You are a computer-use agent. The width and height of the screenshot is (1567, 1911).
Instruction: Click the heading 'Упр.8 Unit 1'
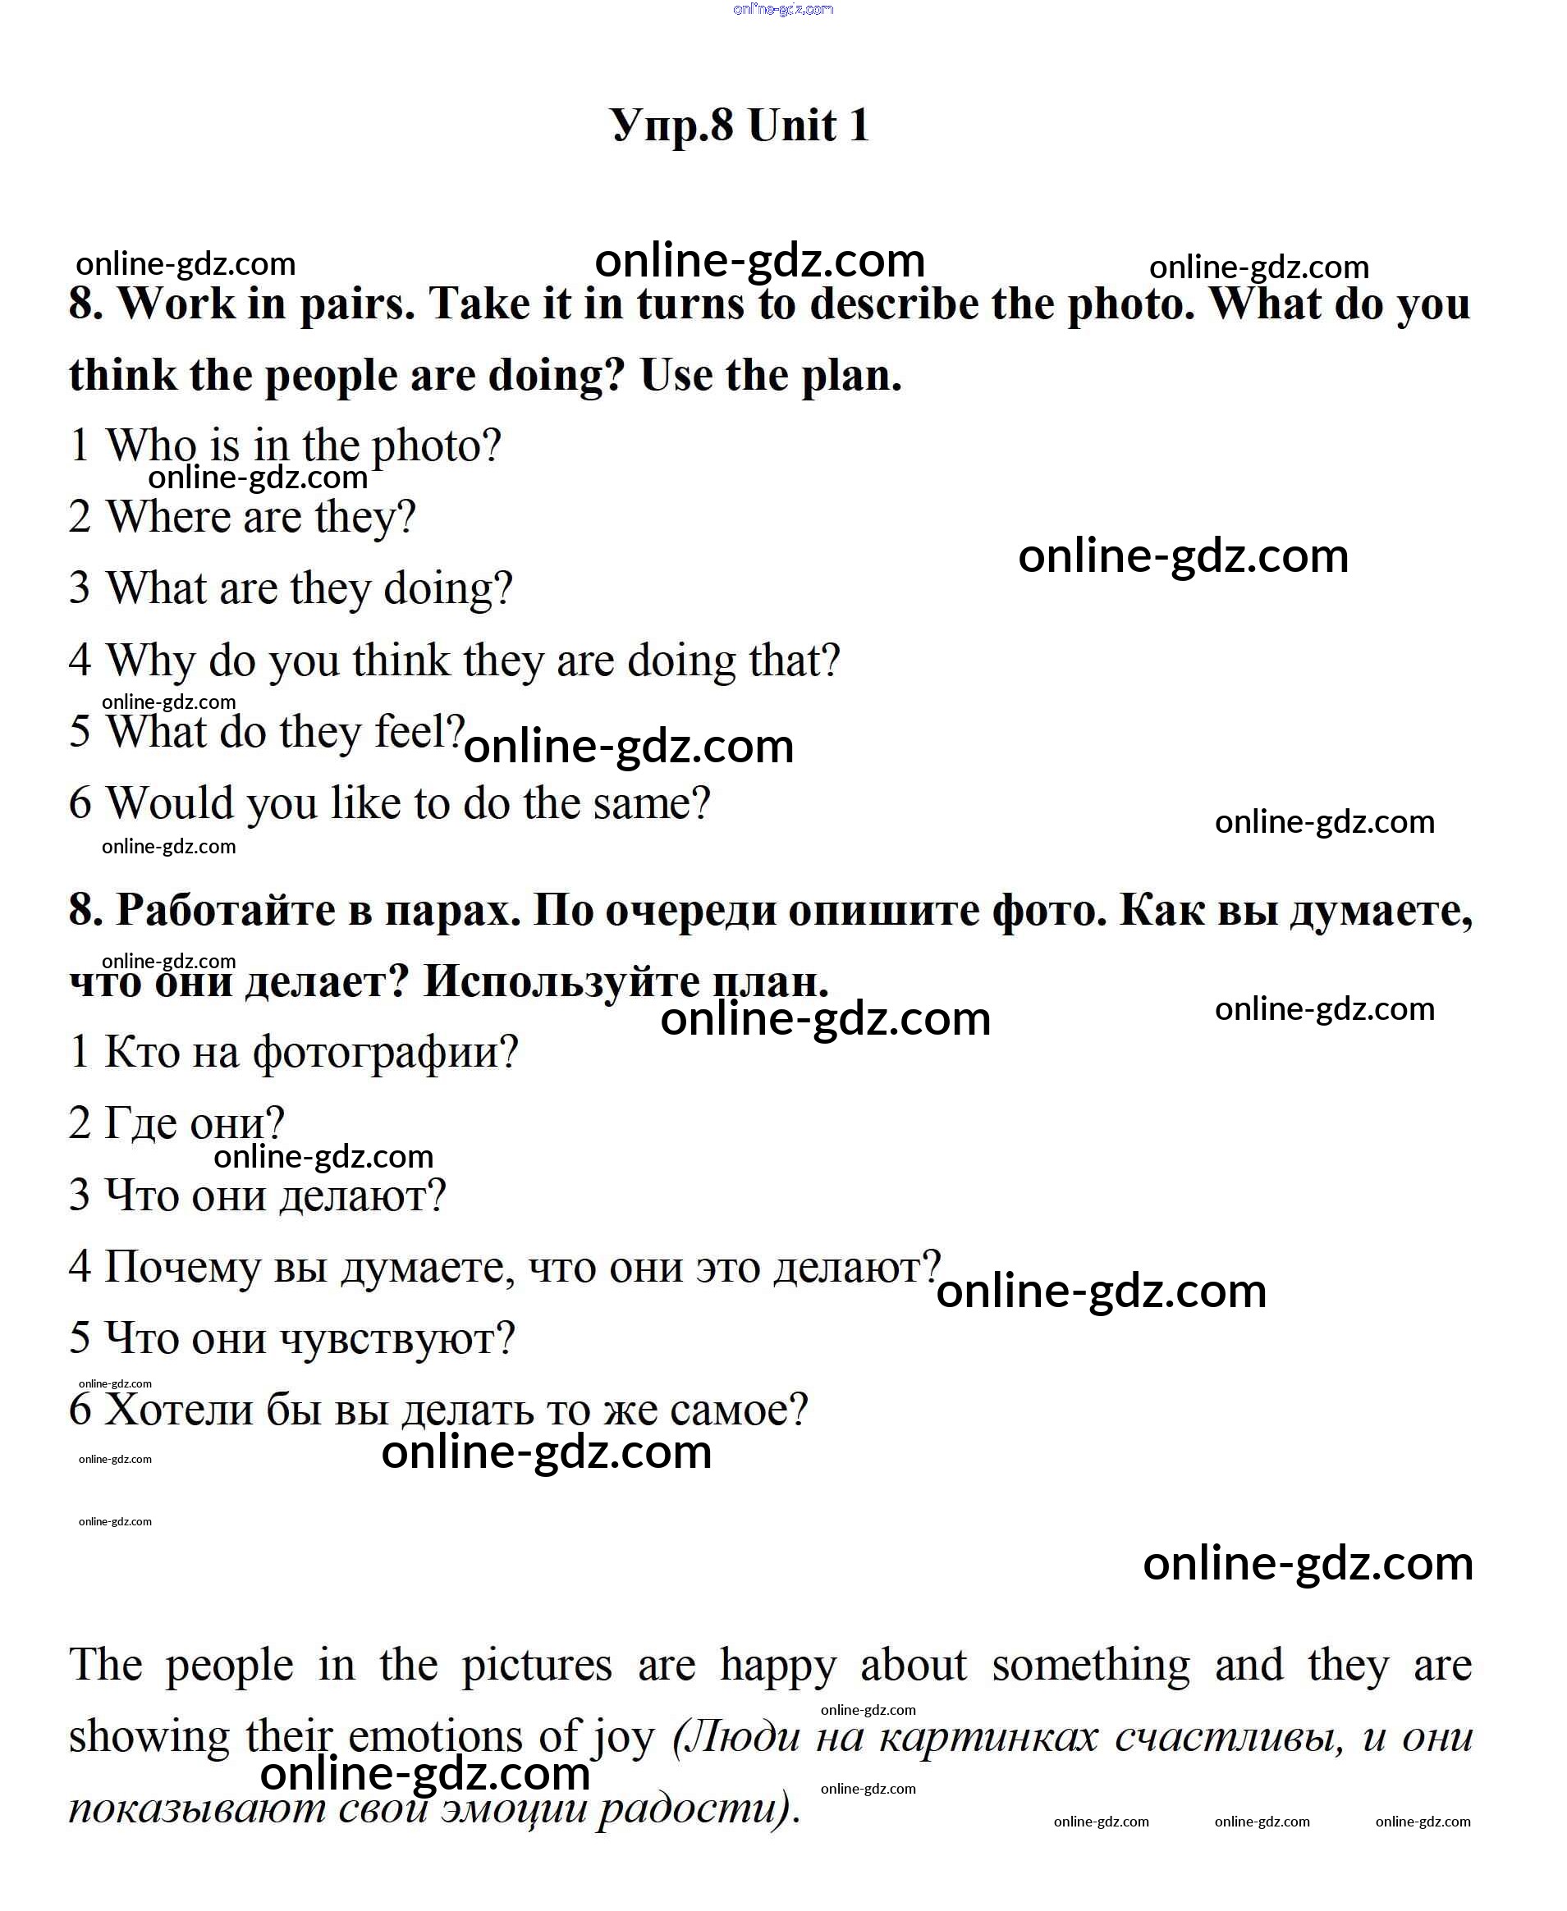point(740,125)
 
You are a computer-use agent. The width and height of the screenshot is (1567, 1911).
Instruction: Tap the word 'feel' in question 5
point(418,731)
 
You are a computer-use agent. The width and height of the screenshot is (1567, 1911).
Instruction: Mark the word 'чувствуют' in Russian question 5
point(396,1338)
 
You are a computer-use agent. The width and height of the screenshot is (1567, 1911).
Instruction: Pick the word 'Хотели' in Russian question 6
point(179,1410)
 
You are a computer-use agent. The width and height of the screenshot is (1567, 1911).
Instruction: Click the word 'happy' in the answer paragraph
point(778,1665)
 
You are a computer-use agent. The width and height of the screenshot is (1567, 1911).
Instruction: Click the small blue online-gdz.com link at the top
point(782,9)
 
